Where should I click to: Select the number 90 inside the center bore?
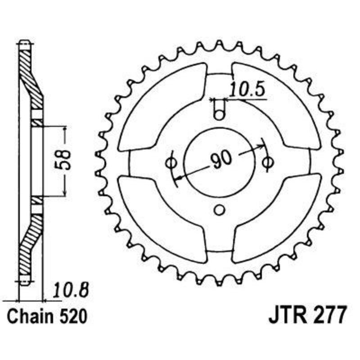point(220,160)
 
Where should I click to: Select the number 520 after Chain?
point(72,316)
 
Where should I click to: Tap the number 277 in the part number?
point(331,315)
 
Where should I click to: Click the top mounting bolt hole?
point(219,114)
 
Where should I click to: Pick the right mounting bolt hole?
point(268,162)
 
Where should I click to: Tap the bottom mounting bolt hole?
point(219,210)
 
